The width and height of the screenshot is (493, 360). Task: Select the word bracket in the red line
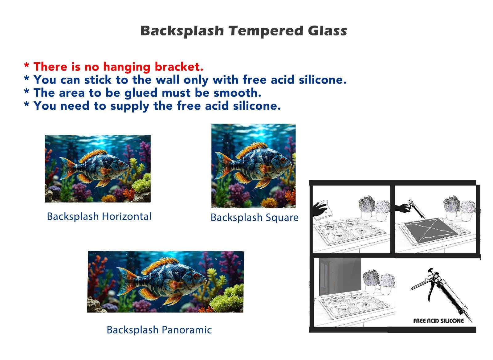coord(179,67)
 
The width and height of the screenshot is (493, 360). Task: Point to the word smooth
coord(238,93)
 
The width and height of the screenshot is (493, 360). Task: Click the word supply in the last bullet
coord(130,106)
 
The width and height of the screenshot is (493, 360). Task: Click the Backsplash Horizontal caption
coord(99,216)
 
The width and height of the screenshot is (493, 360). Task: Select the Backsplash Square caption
coord(255,218)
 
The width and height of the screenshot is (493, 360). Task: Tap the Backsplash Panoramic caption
coord(159,330)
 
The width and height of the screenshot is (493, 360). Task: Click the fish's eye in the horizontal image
coord(121,164)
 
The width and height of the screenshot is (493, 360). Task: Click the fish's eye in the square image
coord(283,160)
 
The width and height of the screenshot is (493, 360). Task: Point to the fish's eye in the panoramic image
coord(196,276)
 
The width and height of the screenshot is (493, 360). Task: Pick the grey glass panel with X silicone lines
coord(432,230)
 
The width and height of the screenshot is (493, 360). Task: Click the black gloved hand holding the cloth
coord(320,209)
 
